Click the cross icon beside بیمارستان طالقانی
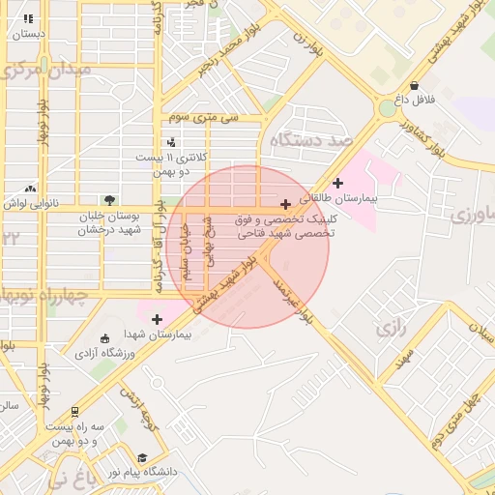tap(337, 183)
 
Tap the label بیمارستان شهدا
tap(160, 334)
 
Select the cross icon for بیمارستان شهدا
tap(157, 318)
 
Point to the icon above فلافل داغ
tap(415, 85)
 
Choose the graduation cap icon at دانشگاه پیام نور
tap(143, 457)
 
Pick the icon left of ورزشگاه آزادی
tap(104, 338)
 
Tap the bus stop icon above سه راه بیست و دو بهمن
tap(76, 412)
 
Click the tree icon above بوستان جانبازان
tap(110, 200)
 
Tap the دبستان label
tap(28, 34)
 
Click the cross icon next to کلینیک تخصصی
tap(285, 204)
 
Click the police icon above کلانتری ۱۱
tap(171, 143)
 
